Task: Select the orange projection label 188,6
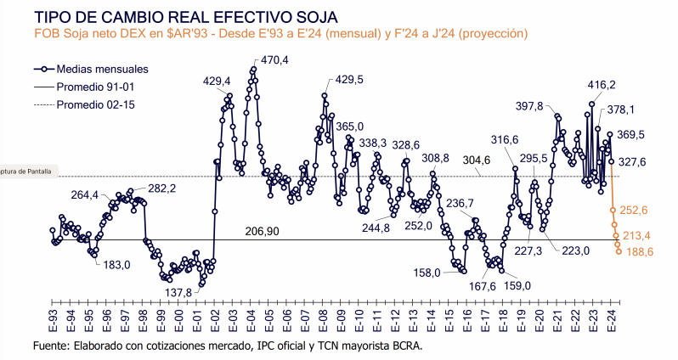(x=638, y=252)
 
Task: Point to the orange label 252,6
(x=635, y=210)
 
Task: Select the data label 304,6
(x=500, y=160)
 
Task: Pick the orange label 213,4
(x=636, y=235)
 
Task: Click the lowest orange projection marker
(x=618, y=250)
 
